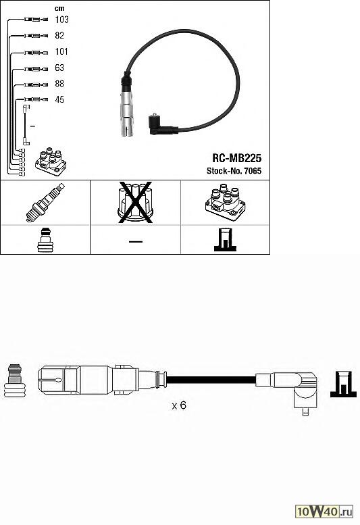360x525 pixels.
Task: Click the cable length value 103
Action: tap(62, 20)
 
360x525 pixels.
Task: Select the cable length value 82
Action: tap(59, 35)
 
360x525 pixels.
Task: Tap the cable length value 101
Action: tap(61, 51)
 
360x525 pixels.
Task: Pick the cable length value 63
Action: tap(59, 68)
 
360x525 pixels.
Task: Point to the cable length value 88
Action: tap(59, 83)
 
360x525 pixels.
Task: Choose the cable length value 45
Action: tap(59, 99)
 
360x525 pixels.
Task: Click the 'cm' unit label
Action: tap(59, 8)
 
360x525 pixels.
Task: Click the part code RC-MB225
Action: tap(236, 158)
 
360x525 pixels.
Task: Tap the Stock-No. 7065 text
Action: tap(234, 171)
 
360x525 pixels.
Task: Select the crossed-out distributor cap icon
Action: tap(136, 203)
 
